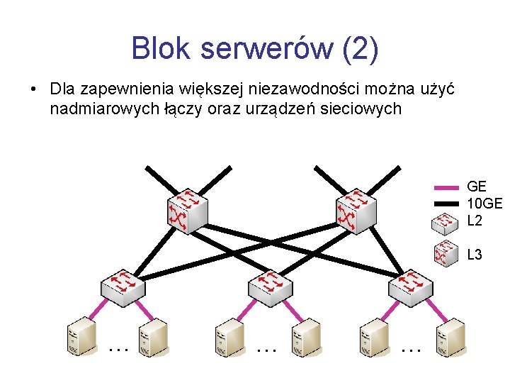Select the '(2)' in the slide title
point(360,48)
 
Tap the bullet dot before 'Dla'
point(33,90)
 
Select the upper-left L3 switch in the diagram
point(187,209)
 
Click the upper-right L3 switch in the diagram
point(355,209)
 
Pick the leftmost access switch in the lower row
point(123,285)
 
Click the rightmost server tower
point(450,336)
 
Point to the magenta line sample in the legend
point(446,187)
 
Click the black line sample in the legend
point(446,204)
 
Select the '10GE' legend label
point(484,204)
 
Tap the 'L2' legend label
point(475,221)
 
